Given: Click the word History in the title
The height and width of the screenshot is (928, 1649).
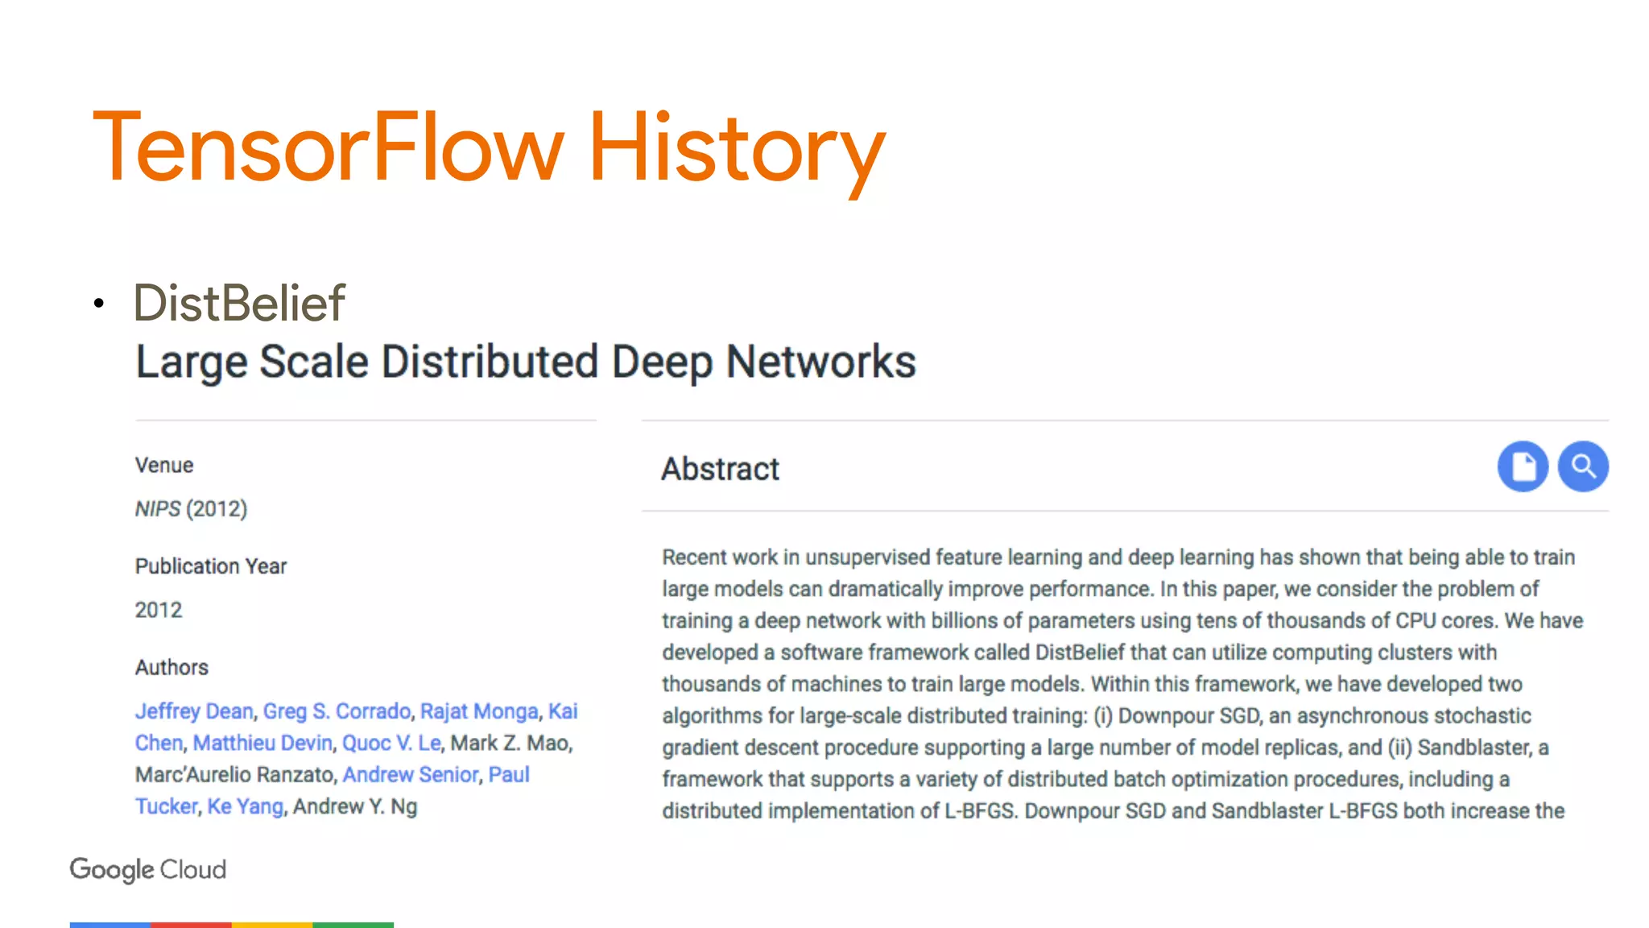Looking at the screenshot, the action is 736,148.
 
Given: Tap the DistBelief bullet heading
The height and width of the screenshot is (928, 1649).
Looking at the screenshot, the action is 239,304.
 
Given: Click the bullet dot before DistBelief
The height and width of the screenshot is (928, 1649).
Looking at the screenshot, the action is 98,304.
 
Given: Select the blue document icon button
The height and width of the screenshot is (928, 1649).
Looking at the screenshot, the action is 1523,466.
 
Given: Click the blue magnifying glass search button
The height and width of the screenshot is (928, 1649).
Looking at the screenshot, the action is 1583,466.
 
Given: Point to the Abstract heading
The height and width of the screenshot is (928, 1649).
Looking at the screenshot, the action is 720,469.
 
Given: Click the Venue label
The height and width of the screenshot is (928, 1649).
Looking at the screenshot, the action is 164,466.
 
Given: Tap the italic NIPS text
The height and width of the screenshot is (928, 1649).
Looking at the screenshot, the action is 158,509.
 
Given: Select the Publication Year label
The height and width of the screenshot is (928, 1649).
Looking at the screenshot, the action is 211,566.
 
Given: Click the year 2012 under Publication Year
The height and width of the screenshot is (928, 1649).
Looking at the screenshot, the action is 159,610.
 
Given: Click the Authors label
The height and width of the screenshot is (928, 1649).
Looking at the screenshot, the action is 172,668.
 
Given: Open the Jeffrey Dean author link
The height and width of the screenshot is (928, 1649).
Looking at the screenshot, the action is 194,711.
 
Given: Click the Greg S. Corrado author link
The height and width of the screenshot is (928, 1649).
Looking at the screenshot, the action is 337,711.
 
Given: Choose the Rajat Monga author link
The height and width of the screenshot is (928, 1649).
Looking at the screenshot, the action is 479,711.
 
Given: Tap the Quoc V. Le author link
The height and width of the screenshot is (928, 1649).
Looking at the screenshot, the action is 391,743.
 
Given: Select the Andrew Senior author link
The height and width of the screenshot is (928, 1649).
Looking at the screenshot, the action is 411,775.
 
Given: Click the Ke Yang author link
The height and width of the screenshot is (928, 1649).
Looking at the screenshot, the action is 245,806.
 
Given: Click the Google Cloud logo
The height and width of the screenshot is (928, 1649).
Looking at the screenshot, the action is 148,870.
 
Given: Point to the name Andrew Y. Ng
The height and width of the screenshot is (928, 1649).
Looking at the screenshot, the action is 355,806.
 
